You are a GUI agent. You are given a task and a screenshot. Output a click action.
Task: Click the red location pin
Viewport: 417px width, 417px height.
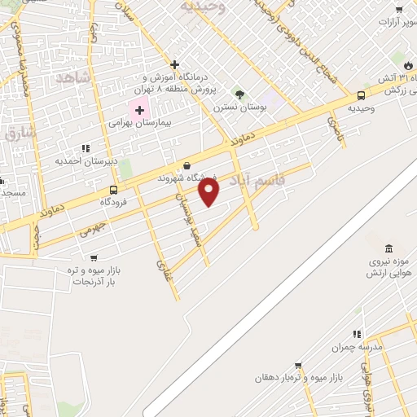click(209, 191)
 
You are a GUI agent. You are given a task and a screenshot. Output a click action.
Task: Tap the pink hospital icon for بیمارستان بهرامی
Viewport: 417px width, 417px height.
click(138, 110)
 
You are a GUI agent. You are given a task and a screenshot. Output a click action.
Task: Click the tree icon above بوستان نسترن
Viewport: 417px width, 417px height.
click(239, 94)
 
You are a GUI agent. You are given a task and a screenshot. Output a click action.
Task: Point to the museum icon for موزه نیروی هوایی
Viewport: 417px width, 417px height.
click(388, 248)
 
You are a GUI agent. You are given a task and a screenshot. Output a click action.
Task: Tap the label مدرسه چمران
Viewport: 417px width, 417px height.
click(356, 347)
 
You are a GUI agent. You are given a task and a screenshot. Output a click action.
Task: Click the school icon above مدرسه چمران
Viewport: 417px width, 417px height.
click(356, 334)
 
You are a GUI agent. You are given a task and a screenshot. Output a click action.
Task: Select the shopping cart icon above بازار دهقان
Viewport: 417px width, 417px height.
click(298, 366)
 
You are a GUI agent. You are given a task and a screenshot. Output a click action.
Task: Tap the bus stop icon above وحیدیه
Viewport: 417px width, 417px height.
click(361, 95)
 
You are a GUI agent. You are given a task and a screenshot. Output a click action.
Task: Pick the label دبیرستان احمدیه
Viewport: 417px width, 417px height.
click(86, 160)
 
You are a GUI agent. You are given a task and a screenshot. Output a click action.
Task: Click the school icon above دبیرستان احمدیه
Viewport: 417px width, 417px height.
click(85, 147)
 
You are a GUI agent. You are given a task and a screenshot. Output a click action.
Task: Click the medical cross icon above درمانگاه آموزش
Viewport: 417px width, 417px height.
click(174, 64)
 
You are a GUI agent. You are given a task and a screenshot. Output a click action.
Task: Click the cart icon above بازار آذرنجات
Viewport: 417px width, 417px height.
click(94, 257)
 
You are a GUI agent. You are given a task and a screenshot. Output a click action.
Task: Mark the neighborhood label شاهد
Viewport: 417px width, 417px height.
click(72, 79)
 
